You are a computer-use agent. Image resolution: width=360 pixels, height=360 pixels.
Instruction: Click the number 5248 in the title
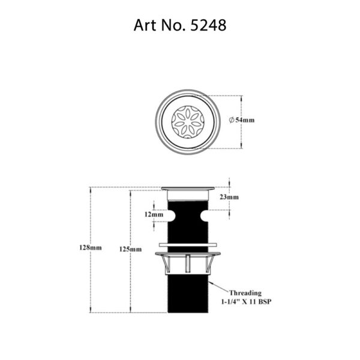click(207, 26)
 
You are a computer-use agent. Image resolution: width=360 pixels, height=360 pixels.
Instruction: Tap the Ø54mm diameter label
click(242, 120)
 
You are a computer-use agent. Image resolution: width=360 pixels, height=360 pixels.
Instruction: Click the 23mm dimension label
click(230, 197)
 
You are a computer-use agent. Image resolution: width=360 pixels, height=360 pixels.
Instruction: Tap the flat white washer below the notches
click(188, 245)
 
